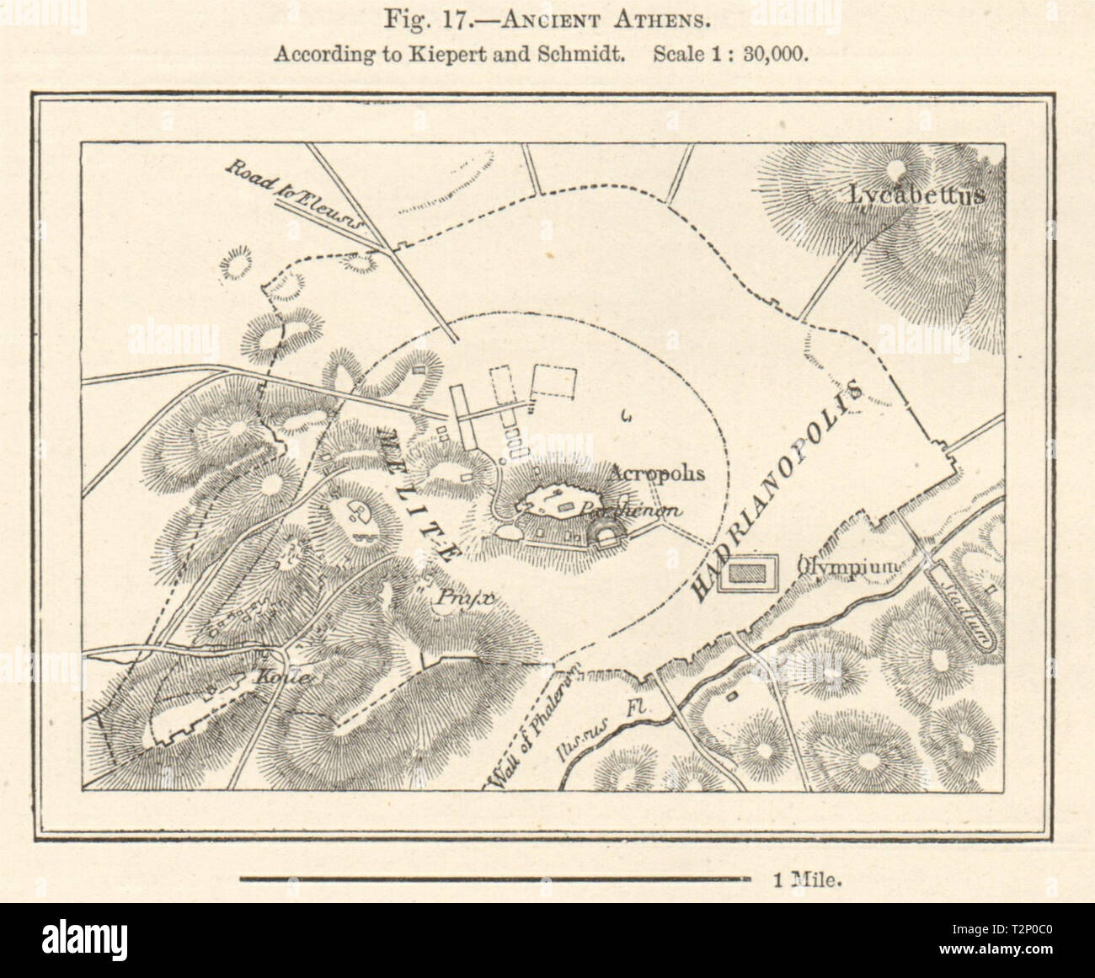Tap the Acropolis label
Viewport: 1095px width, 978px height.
(659, 473)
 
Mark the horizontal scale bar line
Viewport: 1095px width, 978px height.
(494, 879)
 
